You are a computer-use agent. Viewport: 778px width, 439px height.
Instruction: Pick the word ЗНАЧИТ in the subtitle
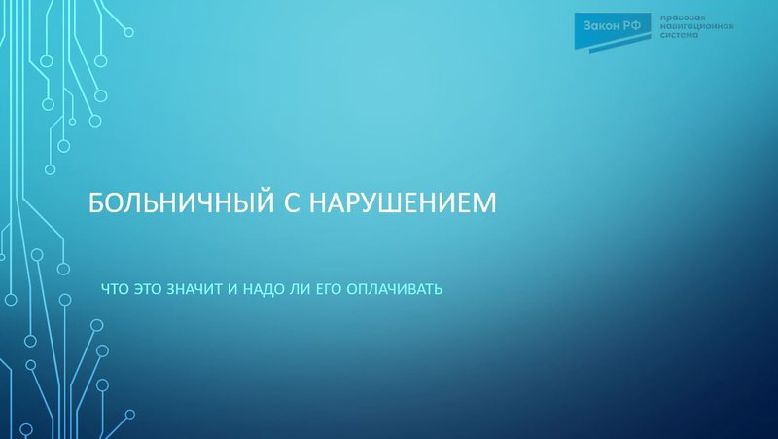(x=199, y=289)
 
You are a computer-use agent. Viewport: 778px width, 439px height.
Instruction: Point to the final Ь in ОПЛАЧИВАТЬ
(x=440, y=289)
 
